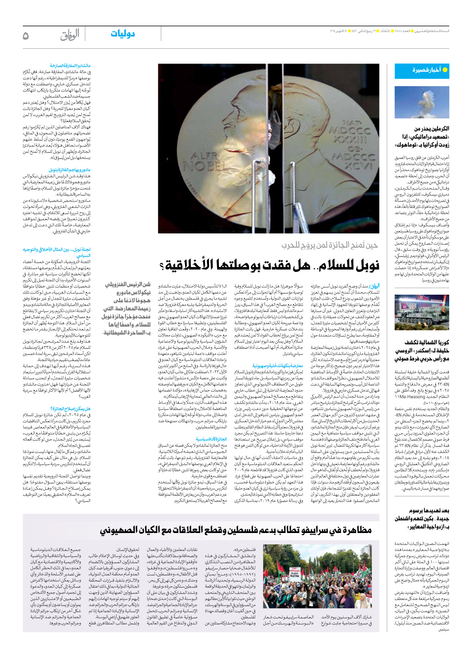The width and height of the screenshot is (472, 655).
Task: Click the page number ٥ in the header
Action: (x=26, y=36)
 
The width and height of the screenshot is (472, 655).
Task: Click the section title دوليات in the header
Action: (x=123, y=34)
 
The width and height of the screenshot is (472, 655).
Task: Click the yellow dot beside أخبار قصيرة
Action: (x=445, y=70)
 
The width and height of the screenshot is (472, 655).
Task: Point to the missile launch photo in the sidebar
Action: (x=422, y=102)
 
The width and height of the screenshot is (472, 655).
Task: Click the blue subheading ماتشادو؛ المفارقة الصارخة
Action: (x=70, y=66)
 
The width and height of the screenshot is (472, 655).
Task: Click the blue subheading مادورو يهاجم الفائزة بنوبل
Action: (x=69, y=170)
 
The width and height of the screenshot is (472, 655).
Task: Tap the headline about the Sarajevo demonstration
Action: (x=236, y=530)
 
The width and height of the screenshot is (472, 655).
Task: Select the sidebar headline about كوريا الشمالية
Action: (x=422, y=350)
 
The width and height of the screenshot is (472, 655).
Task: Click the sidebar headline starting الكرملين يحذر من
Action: (x=422, y=137)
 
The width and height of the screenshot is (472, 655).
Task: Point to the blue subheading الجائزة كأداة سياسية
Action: (x=211, y=439)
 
